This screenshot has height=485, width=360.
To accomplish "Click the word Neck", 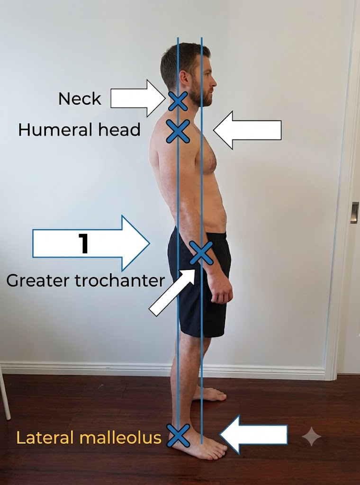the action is pyautogui.click(x=80, y=99).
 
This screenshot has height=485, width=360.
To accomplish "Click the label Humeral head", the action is pyautogui.click(x=79, y=130).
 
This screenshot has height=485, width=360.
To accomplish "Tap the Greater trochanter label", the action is pyautogui.click(x=85, y=280).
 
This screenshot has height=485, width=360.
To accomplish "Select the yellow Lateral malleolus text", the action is pyautogui.click(x=89, y=438).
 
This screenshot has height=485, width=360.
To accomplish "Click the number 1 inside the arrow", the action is pyautogui.click(x=84, y=243).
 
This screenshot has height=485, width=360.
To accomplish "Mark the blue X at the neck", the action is pyautogui.click(x=178, y=101).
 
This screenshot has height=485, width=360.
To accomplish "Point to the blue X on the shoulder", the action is pyautogui.click(x=178, y=132).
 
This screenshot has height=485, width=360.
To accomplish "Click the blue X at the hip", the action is pyautogui.click(x=201, y=253).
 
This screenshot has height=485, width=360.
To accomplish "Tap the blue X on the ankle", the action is pyautogui.click(x=179, y=436).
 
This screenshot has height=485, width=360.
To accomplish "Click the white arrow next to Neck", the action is pyautogui.click(x=138, y=99).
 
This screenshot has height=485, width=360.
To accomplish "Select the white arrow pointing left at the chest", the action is pyautogui.click(x=247, y=130).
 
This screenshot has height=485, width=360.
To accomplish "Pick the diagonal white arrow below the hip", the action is pyautogui.click(x=172, y=292).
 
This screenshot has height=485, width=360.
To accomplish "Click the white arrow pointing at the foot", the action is pyautogui.click(x=253, y=435).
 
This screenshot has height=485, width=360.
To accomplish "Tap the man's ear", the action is pyautogui.click(x=183, y=79).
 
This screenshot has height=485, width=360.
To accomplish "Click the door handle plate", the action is pyautogui.click(x=354, y=213).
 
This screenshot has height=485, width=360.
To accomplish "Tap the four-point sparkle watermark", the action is pyautogui.click(x=311, y=436).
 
